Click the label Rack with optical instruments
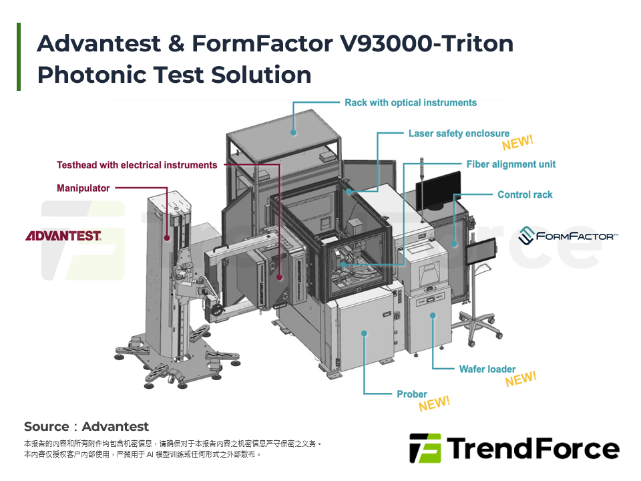pos(411,103)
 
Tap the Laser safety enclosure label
pos(459,134)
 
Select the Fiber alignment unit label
pos(511,164)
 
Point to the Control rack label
pos(525,195)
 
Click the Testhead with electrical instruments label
pos(137,165)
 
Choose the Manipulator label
pos(83,188)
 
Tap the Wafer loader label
pos(487,369)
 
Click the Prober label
pos(412,394)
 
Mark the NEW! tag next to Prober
pos(434,404)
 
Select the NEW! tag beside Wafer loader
pos(521,379)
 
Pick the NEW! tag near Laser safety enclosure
pos(517,143)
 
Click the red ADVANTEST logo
pos(63,236)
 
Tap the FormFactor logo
pos(568,236)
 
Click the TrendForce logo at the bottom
pos(514,448)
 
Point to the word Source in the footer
pos(46,427)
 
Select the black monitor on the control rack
pos(438,189)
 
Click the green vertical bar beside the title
pos(19,57)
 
